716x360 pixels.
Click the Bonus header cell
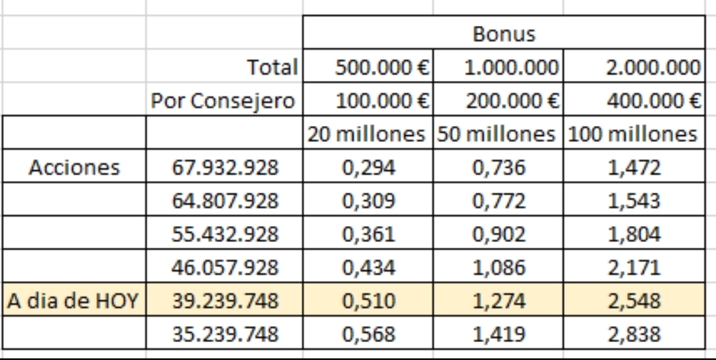pyautogui.click(x=504, y=33)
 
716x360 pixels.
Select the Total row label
pyautogui.click(x=272, y=67)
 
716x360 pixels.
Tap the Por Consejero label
pyautogui.click(x=223, y=101)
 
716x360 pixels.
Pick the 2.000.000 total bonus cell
pyautogui.click(x=653, y=67)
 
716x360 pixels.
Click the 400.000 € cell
pyautogui.click(x=653, y=101)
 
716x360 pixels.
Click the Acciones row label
pyautogui.click(x=74, y=168)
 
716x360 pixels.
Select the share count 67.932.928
pyautogui.click(x=225, y=168)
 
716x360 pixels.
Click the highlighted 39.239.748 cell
pyautogui.click(x=225, y=301)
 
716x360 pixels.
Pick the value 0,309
pyautogui.click(x=369, y=201)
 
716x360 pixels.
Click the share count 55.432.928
pyautogui.click(x=225, y=234)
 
